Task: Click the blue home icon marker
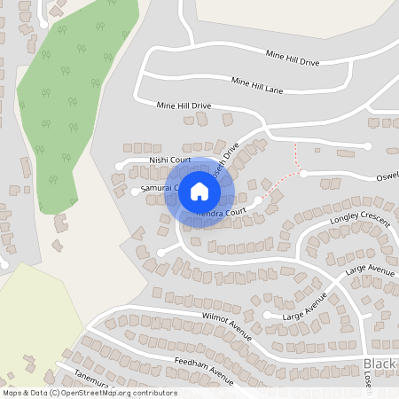tap(199, 192)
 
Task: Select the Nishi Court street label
tap(169, 160)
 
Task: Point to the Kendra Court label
tap(221, 214)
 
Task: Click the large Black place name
tap(380, 365)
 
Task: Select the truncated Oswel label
tap(388, 176)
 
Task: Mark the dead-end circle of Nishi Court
tap(119, 165)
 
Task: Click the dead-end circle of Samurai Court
tap(134, 191)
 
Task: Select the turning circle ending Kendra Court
tap(258, 201)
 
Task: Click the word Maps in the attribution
tap(13, 393)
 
